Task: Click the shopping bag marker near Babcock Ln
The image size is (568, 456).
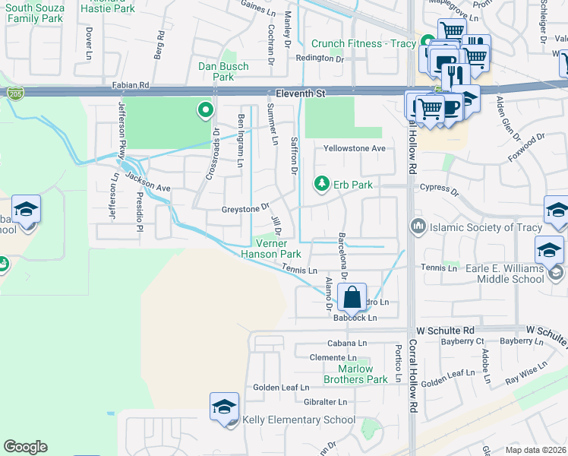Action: [x=353, y=297]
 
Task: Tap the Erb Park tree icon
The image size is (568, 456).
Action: [x=322, y=184]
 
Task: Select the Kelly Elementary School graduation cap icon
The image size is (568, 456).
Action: [x=225, y=408]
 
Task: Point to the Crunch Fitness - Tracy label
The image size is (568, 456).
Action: [x=363, y=43]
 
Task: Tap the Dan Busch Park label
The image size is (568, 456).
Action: [x=222, y=71]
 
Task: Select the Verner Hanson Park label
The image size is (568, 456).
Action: [x=271, y=249]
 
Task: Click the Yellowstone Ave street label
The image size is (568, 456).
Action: [x=355, y=148]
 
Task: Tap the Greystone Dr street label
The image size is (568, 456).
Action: [x=245, y=207]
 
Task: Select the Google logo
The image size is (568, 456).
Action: [x=25, y=446]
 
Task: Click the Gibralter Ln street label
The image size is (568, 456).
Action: [x=321, y=401]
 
